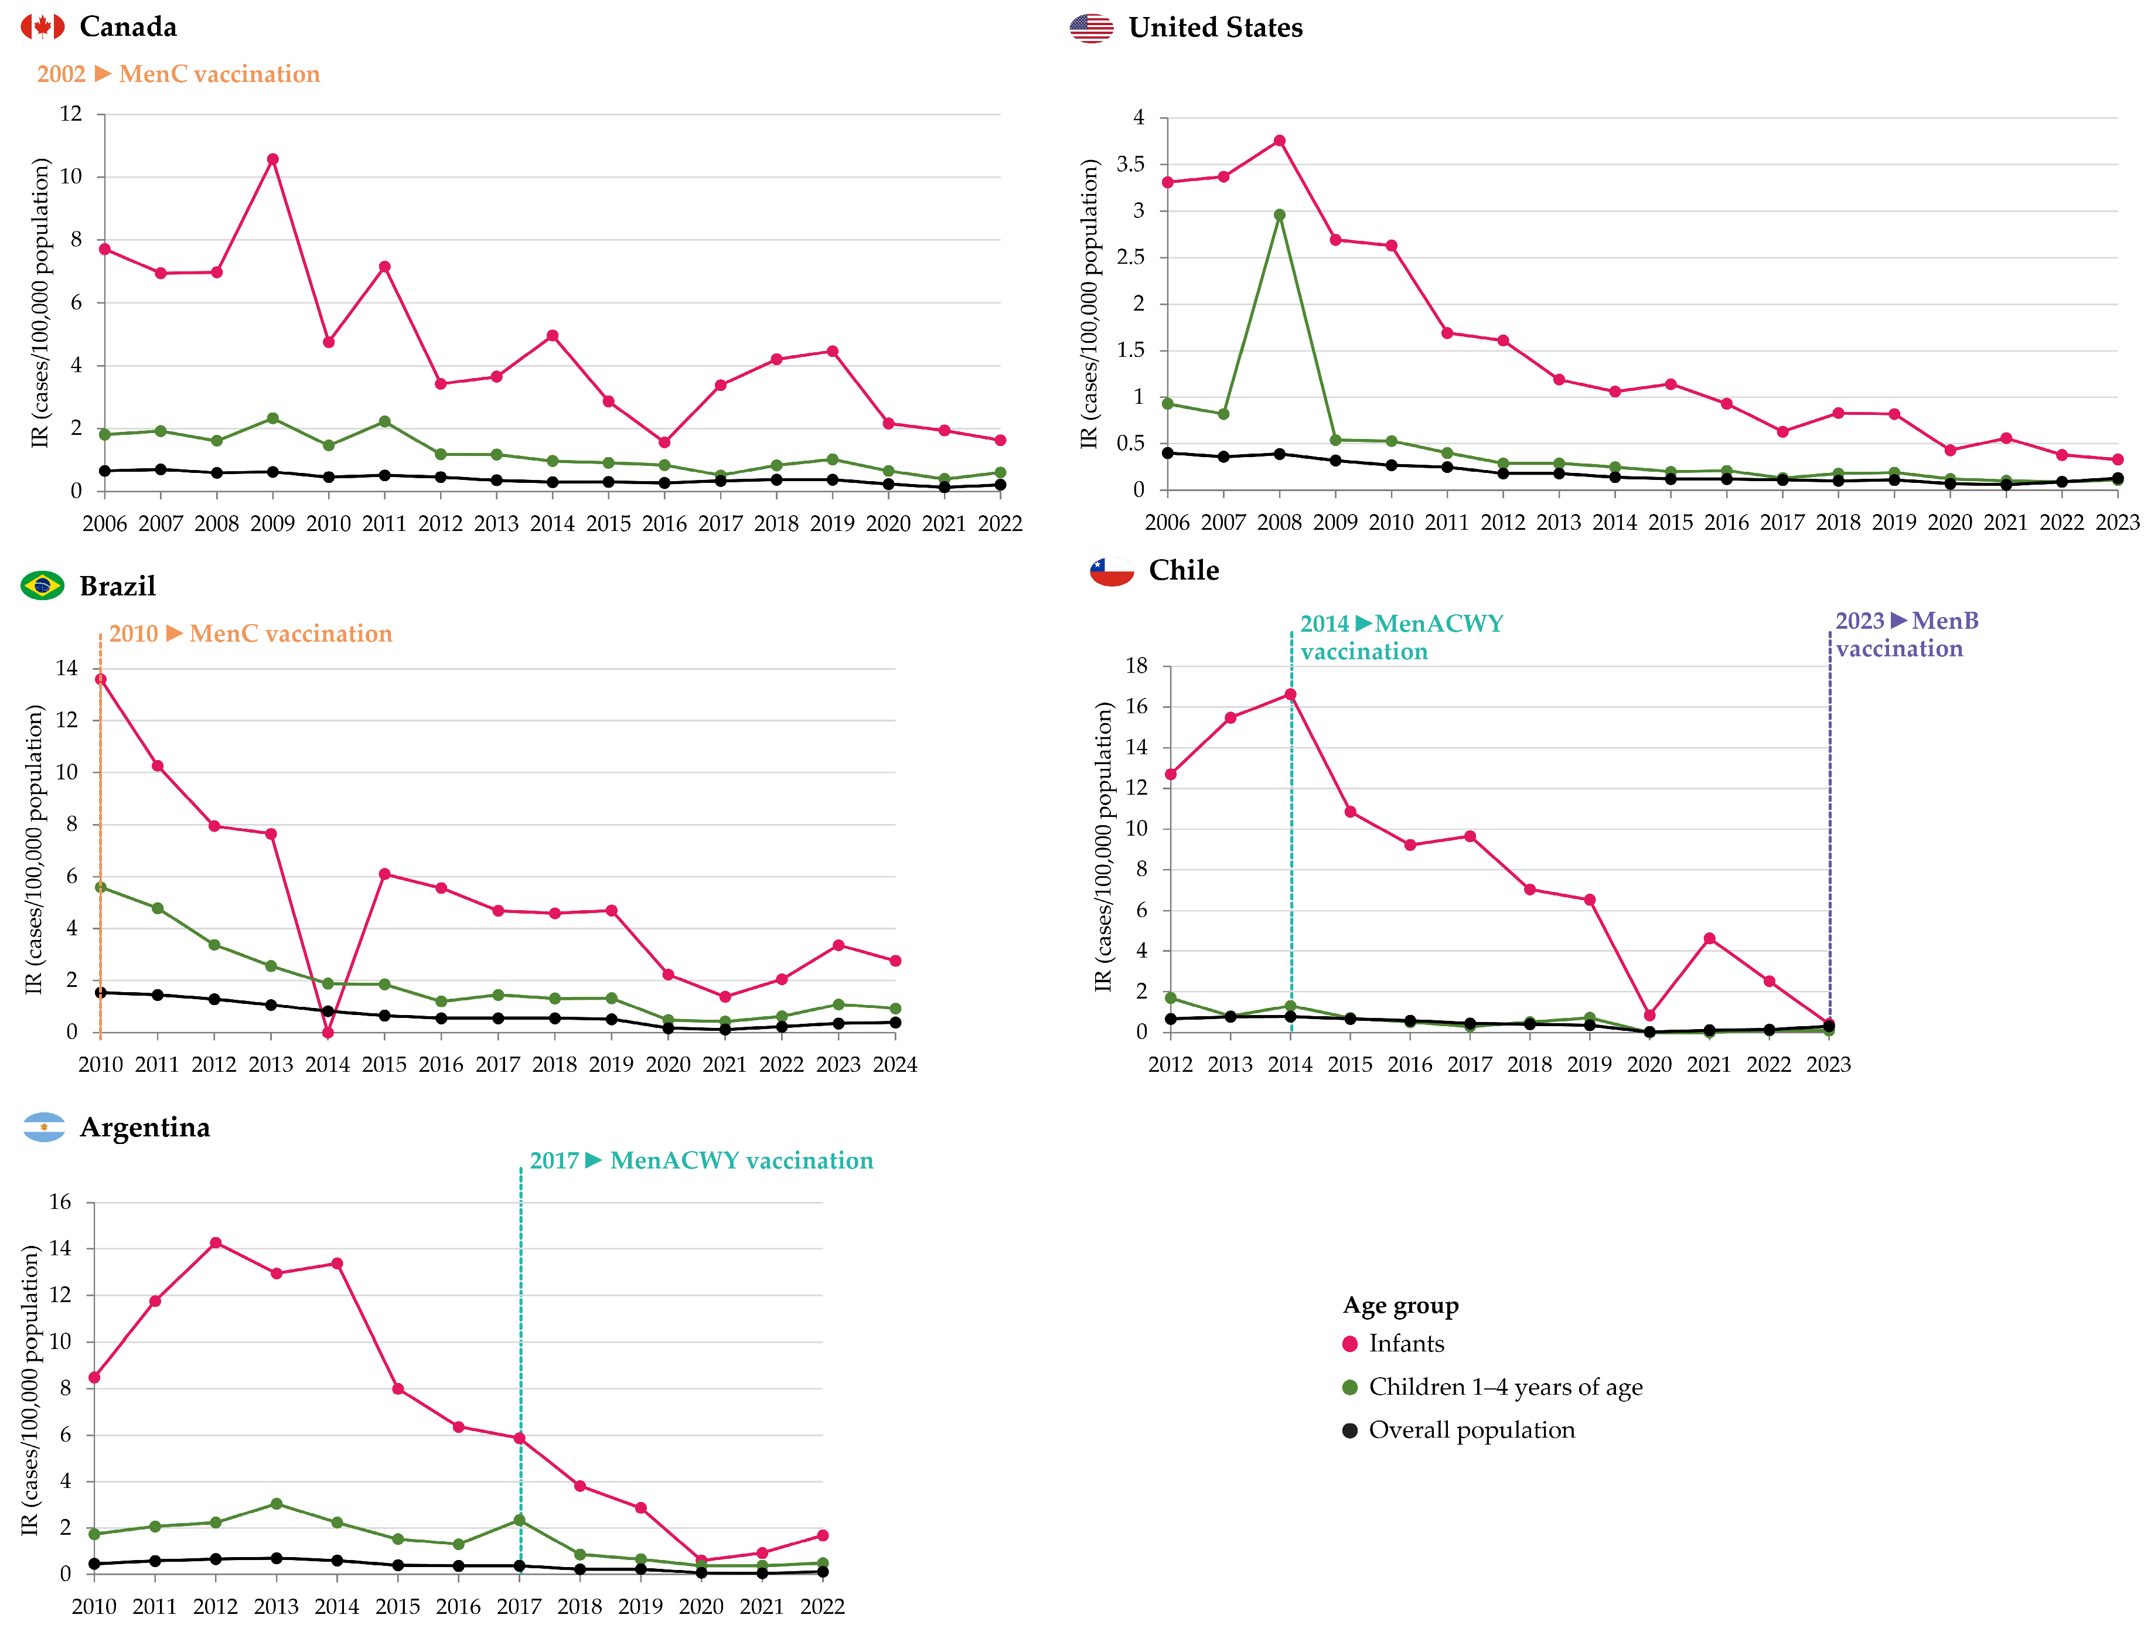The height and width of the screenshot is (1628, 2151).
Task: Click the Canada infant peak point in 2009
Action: pyautogui.click(x=272, y=159)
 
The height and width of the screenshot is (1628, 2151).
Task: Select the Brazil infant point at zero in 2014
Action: pyautogui.click(x=328, y=1033)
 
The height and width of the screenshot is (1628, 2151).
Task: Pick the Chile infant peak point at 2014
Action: pyautogui.click(x=1290, y=694)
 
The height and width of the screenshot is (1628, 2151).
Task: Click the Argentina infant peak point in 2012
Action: pyautogui.click(x=216, y=1243)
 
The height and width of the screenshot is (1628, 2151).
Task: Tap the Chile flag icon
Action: pyautogui.click(x=1112, y=571)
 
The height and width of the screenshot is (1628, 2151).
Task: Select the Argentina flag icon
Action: pyautogui.click(x=44, y=1127)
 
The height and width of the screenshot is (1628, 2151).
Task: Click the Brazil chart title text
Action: pyautogui.click(x=118, y=587)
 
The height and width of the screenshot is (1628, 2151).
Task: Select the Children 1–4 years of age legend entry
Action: pyautogui.click(x=1504, y=1387)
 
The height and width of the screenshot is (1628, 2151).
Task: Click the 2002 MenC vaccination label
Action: pyautogui.click(x=178, y=74)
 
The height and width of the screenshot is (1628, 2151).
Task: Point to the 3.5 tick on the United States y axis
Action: pyautogui.click(x=1130, y=164)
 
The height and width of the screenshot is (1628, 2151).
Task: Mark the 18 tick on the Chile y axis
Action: pyautogui.click(x=1136, y=666)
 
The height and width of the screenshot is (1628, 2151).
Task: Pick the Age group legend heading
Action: pyautogui.click(x=1400, y=1305)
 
